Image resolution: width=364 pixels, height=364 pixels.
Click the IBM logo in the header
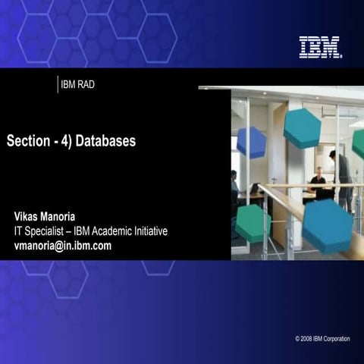point(320,47)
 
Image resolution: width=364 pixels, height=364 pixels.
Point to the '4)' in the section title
point(67,142)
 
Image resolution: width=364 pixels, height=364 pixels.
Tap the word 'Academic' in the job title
point(122,231)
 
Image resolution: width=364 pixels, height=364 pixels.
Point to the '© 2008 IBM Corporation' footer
point(322,338)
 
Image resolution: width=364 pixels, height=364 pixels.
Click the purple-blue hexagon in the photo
point(251,142)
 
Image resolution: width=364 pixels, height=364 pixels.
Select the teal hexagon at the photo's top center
point(302,127)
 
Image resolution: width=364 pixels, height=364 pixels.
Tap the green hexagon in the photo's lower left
point(253,223)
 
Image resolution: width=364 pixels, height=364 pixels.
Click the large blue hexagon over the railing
point(327,225)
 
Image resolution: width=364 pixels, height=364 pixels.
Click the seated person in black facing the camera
point(318,183)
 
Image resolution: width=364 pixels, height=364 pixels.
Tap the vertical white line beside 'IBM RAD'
point(58,84)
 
